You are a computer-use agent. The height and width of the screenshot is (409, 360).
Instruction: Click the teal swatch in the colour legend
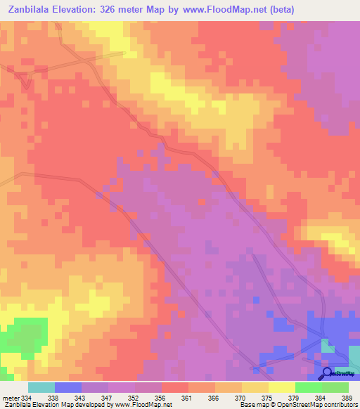41,387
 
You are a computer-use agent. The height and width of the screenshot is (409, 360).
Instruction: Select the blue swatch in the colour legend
68,387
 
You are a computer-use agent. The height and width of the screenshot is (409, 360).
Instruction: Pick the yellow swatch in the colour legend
281,387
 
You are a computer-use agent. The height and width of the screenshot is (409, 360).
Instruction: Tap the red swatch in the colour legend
175,387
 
